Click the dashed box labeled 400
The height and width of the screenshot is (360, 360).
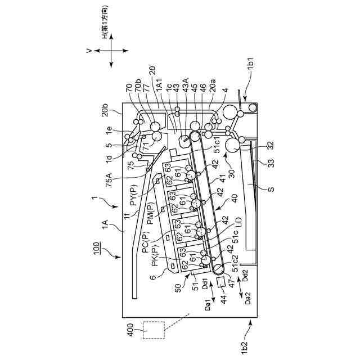pyautogui.click(x=152, y=330)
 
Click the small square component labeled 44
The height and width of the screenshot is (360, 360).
pyautogui.click(x=220, y=281)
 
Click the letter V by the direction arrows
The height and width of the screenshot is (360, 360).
pyautogui.click(x=88, y=51)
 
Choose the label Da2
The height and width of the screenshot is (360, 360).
pyautogui.click(x=249, y=296)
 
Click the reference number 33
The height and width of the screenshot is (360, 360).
pyautogui.click(x=260, y=164)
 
